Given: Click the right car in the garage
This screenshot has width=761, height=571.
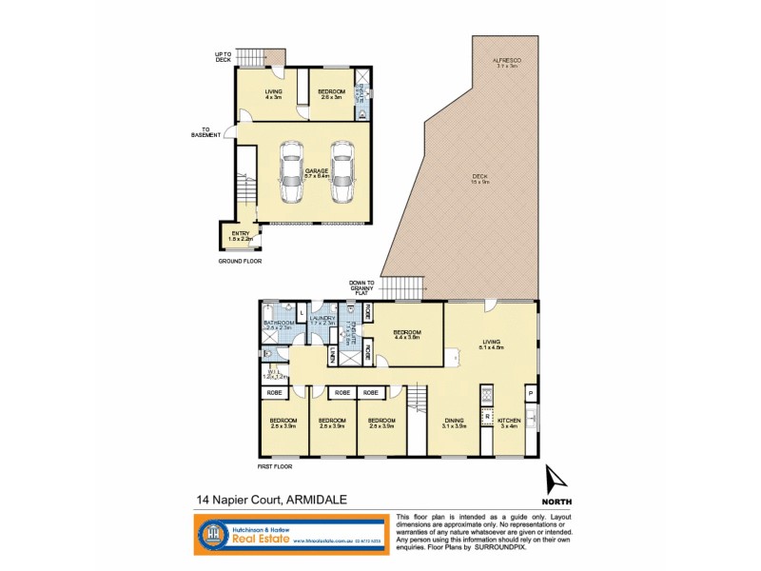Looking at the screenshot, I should click(x=341, y=173).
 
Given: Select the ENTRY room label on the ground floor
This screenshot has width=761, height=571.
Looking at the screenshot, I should click(x=234, y=235).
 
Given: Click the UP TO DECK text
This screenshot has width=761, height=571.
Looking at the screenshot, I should click(x=224, y=57).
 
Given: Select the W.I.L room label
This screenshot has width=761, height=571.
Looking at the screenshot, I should click(x=274, y=374).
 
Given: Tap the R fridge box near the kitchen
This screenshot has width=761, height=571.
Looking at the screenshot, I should click(x=487, y=416).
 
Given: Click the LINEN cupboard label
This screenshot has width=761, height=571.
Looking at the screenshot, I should click(x=333, y=357).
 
